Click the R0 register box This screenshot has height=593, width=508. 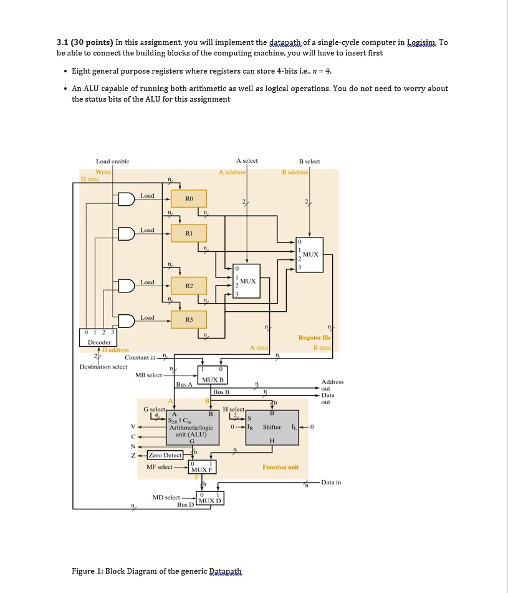coord(189,199)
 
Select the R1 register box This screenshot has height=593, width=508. coord(189,233)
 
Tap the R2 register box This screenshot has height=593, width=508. coord(189,285)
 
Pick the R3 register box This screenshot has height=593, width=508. coord(189,319)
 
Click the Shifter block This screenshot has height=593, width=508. coord(272,427)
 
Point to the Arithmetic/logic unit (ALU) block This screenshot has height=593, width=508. coord(191,427)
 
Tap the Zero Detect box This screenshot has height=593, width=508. coord(165,455)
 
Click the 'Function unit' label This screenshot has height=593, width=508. coord(280,467)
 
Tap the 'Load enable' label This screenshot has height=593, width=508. coord(112,162)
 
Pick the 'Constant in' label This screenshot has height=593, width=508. coord(140,357)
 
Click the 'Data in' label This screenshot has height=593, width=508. coord(330,482)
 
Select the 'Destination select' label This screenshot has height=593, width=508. coord(103,367)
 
